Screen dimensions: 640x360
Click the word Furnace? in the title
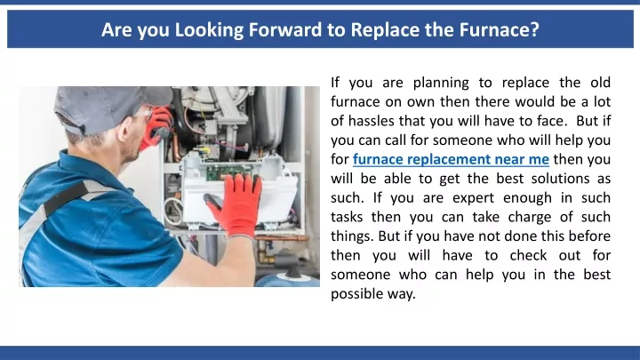pos(500,29)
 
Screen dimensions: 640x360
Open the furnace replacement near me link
pos(451,159)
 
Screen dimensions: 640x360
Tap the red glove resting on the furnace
pos(236,204)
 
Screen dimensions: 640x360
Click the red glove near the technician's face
pos(156,127)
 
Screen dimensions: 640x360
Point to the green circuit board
pos(228,172)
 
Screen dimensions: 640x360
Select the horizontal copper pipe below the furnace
pos(282,237)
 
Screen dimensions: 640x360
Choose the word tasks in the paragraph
pos(347,217)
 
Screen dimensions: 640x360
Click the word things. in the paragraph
pos(352,236)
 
